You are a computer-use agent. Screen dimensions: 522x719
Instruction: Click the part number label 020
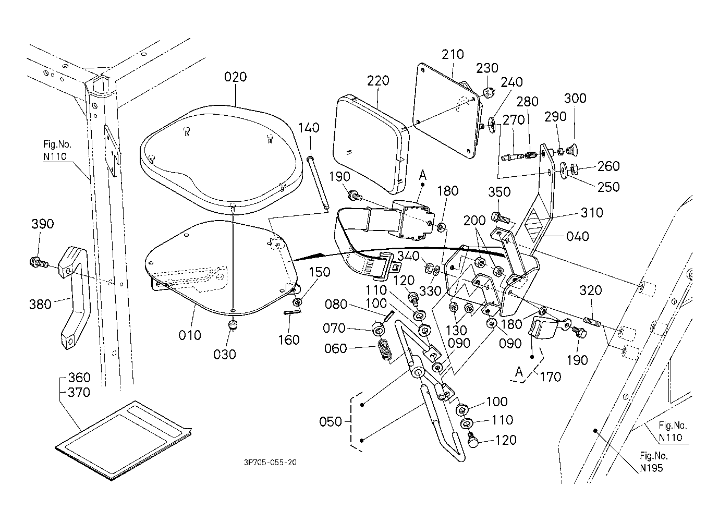coord(235,77)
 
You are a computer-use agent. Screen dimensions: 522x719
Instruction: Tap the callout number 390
coord(43,224)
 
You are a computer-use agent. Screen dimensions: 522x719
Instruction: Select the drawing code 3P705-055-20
coord(270,462)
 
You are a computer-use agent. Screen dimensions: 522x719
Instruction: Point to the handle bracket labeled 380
coord(74,295)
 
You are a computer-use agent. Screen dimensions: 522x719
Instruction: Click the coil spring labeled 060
coord(384,348)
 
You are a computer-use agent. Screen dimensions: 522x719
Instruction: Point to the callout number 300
coord(575,99)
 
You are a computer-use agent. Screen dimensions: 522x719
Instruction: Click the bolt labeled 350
coord(496,215)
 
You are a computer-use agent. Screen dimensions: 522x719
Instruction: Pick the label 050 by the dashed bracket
coord(331,421)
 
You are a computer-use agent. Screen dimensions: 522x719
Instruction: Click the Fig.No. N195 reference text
coord(652,462)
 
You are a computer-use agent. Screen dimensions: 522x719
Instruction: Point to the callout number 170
coord(551,376)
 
